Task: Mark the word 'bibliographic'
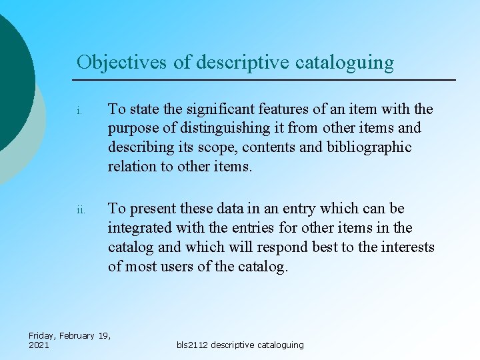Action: tap(369, 147)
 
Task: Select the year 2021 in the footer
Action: tap(39, 345)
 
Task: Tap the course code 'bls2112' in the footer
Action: tap(193, 345)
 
